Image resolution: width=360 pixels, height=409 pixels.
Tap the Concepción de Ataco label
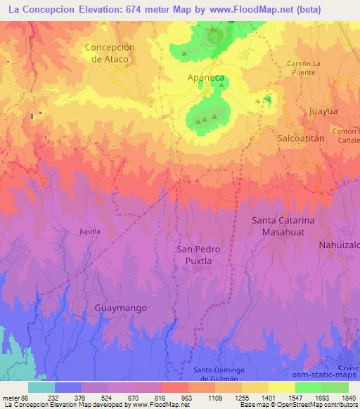tap(109, 53)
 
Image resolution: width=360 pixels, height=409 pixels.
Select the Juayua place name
tap(323, 110)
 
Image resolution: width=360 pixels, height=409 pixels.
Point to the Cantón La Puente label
tap(303, 68)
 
